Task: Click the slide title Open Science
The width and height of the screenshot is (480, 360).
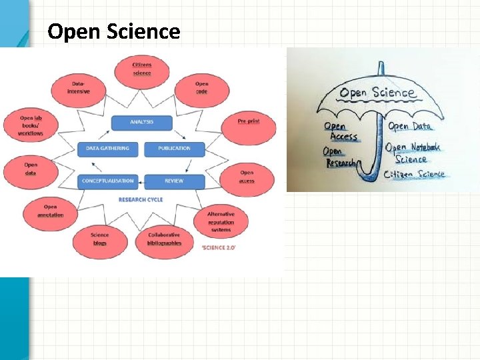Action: click(114, 31)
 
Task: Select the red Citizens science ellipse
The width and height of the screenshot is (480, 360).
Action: click(141, 68)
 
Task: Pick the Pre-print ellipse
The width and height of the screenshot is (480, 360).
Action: click(249, 121)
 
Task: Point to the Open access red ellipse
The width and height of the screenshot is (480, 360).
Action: click(247, 176)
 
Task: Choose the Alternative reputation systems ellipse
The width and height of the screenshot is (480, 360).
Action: click(221, 222)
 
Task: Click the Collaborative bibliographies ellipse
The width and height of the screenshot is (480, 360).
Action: click(164, 239)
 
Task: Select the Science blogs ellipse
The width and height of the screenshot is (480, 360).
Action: click(100, 239)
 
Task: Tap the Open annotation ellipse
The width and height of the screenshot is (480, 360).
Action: click(51, 211)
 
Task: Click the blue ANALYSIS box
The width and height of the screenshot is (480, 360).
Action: click(141, 122)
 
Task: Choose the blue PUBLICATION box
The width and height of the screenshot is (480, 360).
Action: click(174, 148)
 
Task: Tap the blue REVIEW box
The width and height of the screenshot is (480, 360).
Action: click(174, 181)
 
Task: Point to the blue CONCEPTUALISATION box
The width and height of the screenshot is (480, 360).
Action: click(108, 181)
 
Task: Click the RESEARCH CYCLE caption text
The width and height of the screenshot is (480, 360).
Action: click(140, 199)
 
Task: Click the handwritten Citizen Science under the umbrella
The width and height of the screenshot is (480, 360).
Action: click(414, 175)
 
